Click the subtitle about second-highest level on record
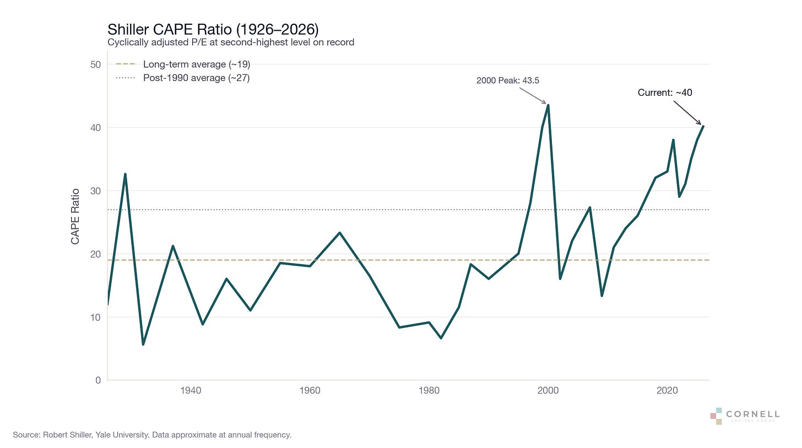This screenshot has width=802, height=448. pyautogui.click(x=231, y=42)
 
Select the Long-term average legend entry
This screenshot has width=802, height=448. pyautogui.click(x=183, y=64)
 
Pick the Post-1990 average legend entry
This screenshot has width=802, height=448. pyautogui.click(x=183, y=78)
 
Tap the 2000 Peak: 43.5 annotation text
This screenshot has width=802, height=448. pyautogui.click(x=508, y=80)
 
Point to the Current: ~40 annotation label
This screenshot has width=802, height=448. pyautogui.click(x=665, y=92)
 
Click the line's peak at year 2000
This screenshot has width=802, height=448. pyautogui.click(x=548, y=105)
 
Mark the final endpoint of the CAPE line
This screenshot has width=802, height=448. pyautogui.click(x=703, y=126)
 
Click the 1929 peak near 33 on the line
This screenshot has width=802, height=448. pyautogui.click(x=125, y=174)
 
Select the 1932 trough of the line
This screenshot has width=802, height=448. pyautogui.click(x=143, y=344)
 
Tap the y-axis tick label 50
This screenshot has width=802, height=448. pyautogui.click(x=96, y=65)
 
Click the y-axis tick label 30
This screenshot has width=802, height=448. pyautogui.click(x=96, y=191)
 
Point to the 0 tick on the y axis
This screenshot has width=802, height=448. pyautogui.click(x=98, y=380)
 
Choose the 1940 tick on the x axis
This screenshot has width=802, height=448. pyautogui.click(x=191, y=390)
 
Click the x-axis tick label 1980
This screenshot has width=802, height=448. pyautogui.click(x=429, y=390)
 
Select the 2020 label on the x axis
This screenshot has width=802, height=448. pyautogui.click(x=667, y=390)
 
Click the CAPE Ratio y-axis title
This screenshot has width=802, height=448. pyautogui.click(x=75, y=216)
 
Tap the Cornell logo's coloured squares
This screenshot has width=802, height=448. pyautogui.click(x=717, y=416)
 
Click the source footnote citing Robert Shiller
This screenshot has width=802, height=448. pyautogui.click(x=152, y=435)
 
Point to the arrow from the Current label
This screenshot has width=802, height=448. pyautogui.click(x=687, y=113)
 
